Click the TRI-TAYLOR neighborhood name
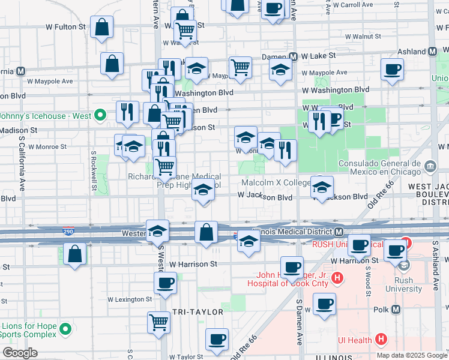197,312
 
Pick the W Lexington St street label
130,299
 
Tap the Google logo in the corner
19,353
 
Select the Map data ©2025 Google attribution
412,355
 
